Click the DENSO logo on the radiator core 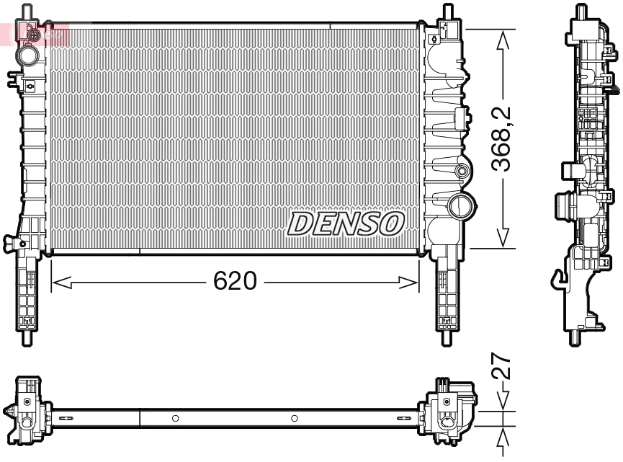click(x=345, y=223)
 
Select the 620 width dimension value click(x=235, y=282)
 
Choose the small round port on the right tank click(x=462, y=172)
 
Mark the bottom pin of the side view click(x=576, y=337)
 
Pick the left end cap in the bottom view click(x=27, y=411)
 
